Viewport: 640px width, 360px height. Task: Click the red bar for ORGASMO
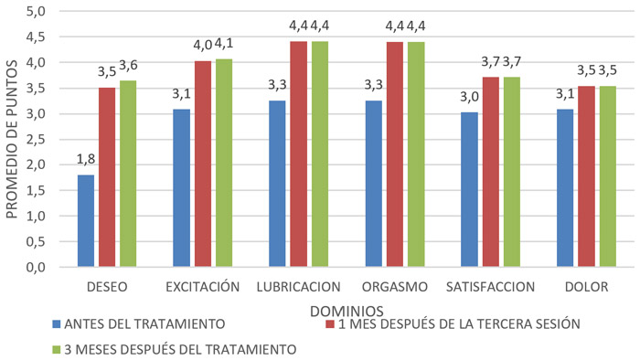pyautogui.click(x=373, y=155)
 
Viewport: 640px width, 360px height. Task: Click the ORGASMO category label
pyautogui.click(x=395, y=287)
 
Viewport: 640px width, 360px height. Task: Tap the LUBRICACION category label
pyautogui.click(x=299, y=287)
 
